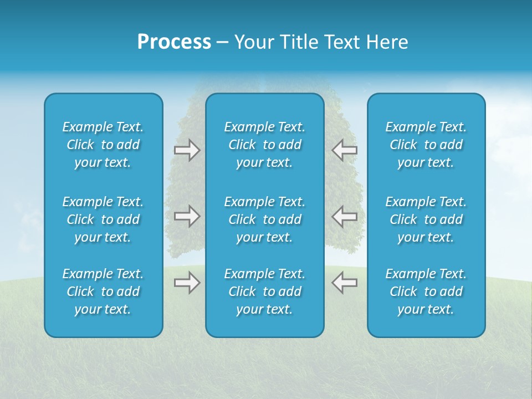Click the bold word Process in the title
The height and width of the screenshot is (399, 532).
click(174, 42)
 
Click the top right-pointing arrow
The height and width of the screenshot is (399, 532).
click(187, 150)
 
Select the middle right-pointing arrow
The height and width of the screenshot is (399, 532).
click(187, 217)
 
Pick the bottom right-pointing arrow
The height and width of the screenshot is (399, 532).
click(187, 283)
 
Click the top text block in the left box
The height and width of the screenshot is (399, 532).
click(103, 145)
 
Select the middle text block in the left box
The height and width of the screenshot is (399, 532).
click(103, 219)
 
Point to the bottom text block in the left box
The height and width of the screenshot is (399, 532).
click(103, 291)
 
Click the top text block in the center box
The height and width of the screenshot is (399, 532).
click(264, 145)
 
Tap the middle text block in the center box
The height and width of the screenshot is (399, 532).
click(264, 219)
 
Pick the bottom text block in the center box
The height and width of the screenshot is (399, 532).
click(264, 291)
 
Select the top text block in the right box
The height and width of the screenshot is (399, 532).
click(426, 145)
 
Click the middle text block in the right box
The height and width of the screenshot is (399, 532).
click(426, 219)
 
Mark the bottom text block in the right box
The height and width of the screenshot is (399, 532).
click(426, 291)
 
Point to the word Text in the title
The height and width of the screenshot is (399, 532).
click(340, 42)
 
